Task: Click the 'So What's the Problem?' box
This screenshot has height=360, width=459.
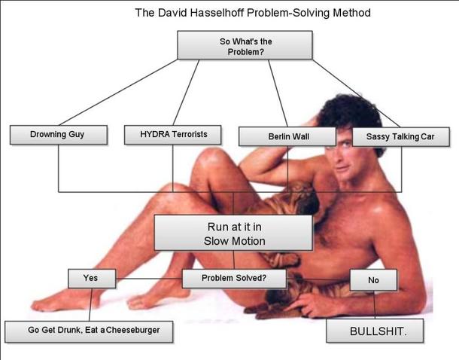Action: click(x=245, y=45)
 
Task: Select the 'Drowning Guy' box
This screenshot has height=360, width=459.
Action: click(x=57, y=135)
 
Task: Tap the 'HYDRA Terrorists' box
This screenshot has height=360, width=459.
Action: click(x=173, y=135)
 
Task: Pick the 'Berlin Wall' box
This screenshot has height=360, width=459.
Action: click(x=285, y=136)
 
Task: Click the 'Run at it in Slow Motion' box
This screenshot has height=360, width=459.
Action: click(x=233, y=233)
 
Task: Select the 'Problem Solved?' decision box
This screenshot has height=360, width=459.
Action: click(x=233, y=278)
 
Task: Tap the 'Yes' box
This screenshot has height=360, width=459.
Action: click(x=91, y=278)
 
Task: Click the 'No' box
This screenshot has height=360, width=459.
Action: click(x=373, y=279)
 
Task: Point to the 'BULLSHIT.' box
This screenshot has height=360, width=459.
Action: click(x=374, y=331)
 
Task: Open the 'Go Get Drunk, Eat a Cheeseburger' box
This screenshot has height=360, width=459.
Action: click(x=88, y=331)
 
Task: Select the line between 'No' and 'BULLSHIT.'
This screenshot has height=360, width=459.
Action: click(x=374, y=305)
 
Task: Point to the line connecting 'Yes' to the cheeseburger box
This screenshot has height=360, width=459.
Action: click(x=90, y=304)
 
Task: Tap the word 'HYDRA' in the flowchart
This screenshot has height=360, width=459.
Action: click(x=154, y=135)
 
